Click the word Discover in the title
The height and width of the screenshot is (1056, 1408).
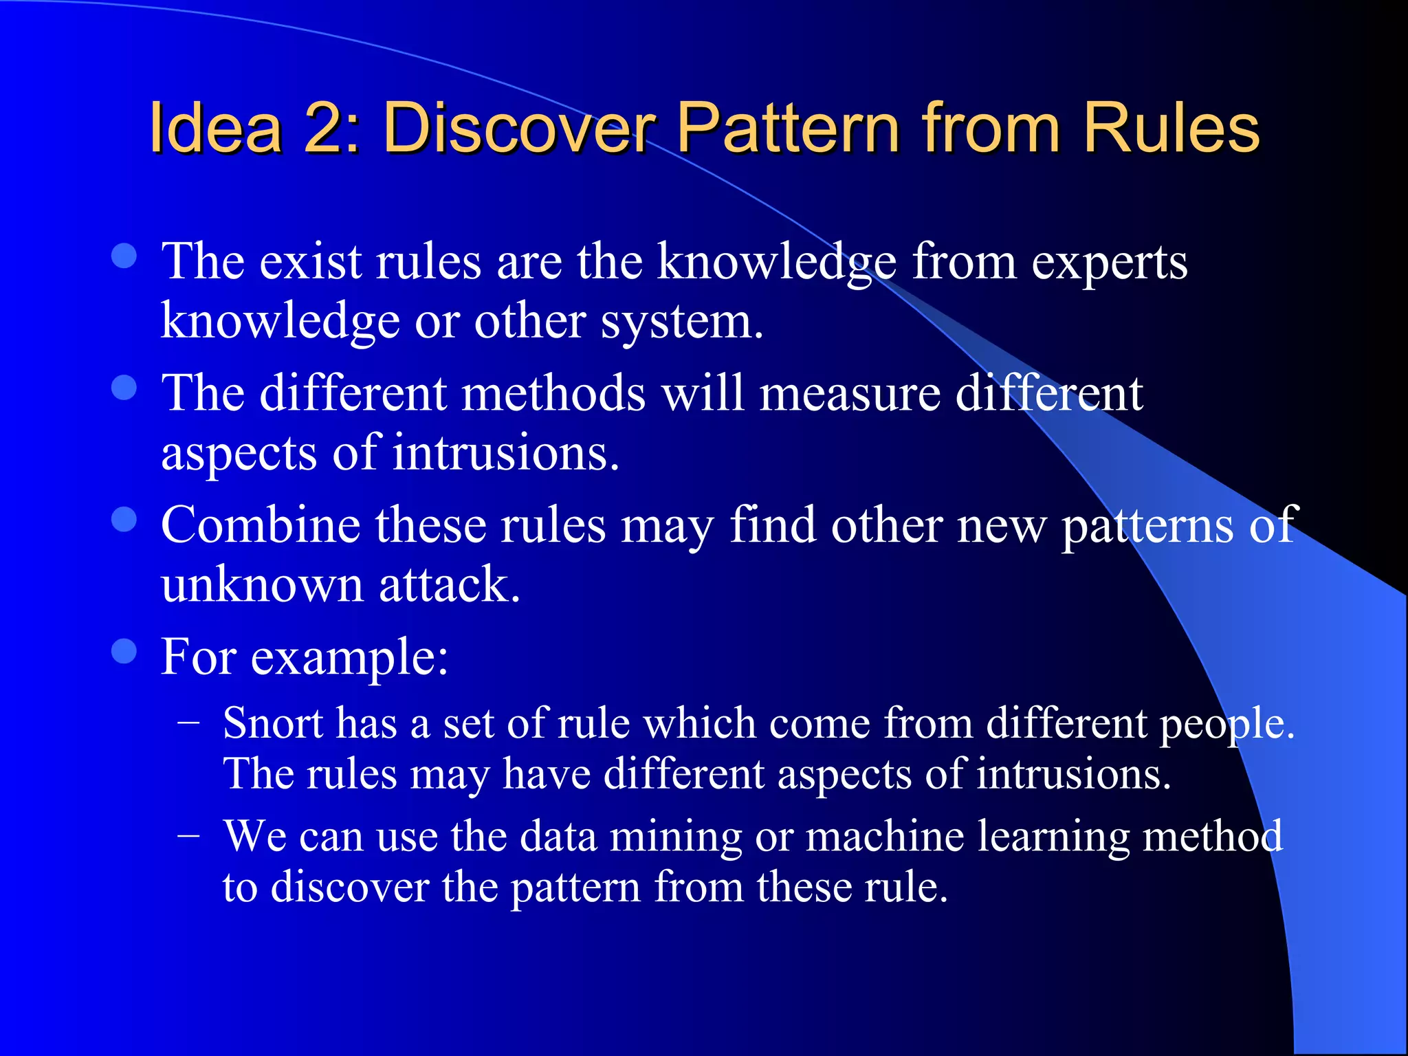519,129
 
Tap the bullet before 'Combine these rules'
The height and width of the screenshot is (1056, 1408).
124,520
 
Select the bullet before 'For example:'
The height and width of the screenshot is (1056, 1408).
124,651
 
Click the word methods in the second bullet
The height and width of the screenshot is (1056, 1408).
553,394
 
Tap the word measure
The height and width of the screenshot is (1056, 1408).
850,394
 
